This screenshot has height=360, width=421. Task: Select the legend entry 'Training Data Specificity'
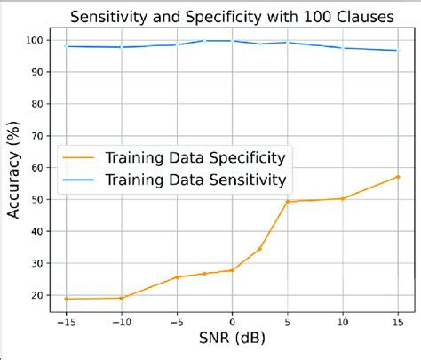(194, 158)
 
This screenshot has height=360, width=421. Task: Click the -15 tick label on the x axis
(65, 322)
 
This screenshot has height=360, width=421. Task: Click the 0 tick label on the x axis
(232, 322)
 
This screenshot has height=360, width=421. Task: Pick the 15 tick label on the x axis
(398, 322)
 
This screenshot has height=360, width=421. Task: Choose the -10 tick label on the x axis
(121, 322)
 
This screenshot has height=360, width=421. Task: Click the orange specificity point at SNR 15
(398, 176)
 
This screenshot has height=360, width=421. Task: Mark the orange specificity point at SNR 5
(287, 201)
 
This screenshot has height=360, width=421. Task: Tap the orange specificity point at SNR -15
(65, 299)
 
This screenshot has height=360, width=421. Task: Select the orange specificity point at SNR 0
(232, 270)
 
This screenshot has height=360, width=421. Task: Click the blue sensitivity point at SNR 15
(398, 50)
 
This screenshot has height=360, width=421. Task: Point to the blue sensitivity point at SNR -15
(65, 46)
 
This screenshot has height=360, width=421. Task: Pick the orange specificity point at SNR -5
(176, 277)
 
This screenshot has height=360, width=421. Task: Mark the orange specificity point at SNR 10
(343, 198)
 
